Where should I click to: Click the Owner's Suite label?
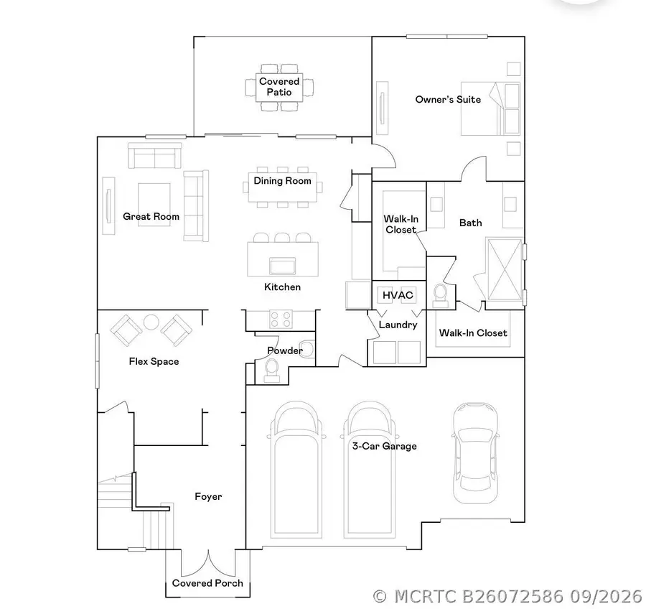click(448, 99)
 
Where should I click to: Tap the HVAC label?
click(398, 295)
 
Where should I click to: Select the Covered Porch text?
click(207, 583)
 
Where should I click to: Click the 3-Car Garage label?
click(385, 446)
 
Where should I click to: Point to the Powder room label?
click(285, 350)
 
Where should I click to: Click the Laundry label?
click(398, 325)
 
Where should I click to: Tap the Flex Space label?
click(154, 362)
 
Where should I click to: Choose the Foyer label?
click(208, 496)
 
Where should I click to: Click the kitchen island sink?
click(282, 266)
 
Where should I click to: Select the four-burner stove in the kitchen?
click(281, 319)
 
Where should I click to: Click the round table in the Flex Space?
click(151, 322)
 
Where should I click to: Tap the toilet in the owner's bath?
click(440, 295)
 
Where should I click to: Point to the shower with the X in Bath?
click(505, 269)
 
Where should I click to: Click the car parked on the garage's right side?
click(475, 453)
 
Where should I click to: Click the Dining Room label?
click(282, 180)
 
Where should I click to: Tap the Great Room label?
click(151, 216)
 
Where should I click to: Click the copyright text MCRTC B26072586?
click(478, 596)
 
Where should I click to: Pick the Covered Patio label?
click(279, 87)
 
